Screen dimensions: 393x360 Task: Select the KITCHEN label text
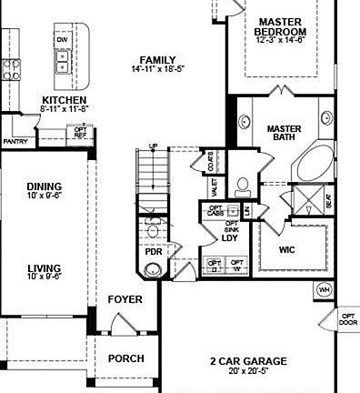pos(64,100)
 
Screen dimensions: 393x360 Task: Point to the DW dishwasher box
pos(63,41)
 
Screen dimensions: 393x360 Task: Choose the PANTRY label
pos(15,142)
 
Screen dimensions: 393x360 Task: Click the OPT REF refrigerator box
pos(81,133)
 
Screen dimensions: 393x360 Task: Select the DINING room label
pos(44,186)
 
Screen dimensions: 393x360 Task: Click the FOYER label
pos(125,299)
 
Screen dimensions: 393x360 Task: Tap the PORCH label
pos(125,358)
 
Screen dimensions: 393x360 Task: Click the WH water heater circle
pos(324,289)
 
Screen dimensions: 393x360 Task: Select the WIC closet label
pos(287,248)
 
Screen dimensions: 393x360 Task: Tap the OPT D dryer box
pos(214,266)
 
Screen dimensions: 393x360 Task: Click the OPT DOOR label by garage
pos(348,319)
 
